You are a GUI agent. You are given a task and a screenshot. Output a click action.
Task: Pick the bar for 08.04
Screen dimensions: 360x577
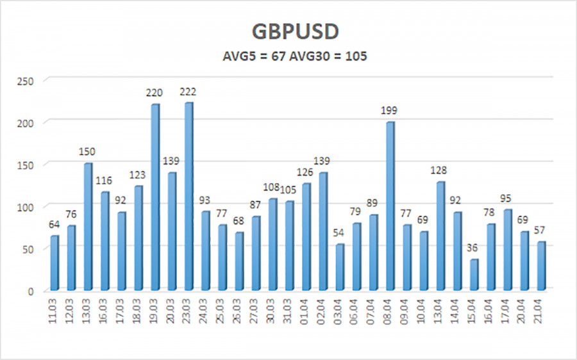390,205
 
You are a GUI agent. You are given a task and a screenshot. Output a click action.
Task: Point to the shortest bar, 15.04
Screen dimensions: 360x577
473,274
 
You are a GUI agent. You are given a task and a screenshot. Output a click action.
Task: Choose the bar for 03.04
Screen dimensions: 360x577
339,266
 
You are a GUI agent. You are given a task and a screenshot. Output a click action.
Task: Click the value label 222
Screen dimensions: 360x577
188,93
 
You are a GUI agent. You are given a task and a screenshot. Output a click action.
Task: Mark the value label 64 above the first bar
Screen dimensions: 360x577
54,225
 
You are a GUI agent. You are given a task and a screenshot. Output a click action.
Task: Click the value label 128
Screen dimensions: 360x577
439,172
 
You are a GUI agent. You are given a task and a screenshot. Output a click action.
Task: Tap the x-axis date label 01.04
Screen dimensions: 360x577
306,312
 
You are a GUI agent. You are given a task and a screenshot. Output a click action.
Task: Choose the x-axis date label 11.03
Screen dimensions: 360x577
54,312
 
